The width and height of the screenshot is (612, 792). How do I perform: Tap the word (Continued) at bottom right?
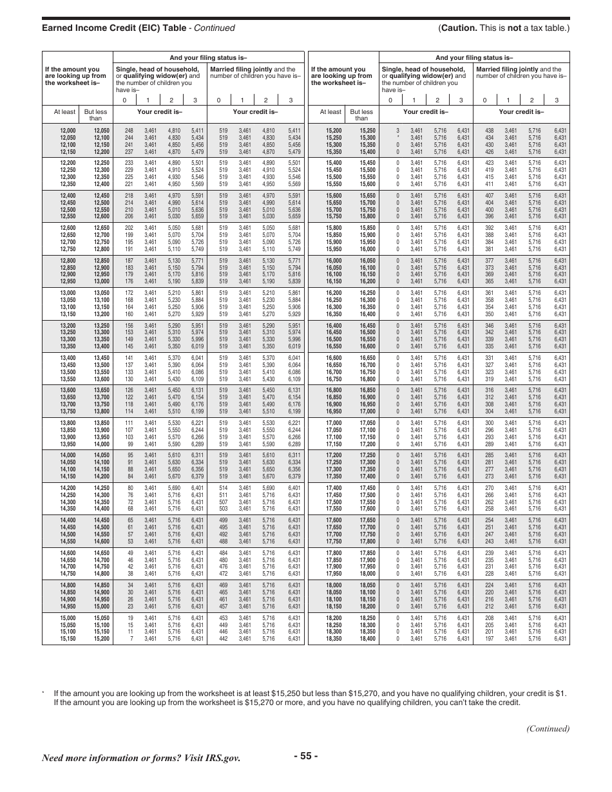coord(548,729)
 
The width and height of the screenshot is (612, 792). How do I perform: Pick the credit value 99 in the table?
coord(130,444)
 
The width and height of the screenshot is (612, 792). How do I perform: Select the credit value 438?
coord(489,131)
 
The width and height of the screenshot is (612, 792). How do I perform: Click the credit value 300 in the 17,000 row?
coord(489,422)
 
